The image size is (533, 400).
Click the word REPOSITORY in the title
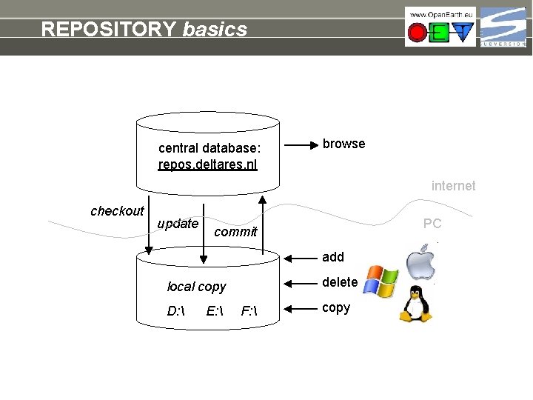point(109,29)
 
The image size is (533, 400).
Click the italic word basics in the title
point(215,29)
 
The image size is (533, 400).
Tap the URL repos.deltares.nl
point(208,164)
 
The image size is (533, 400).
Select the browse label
point(343,144)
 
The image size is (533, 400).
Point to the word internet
point(453,186)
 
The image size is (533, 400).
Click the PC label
point(432,223)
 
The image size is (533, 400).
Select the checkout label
point(117,211)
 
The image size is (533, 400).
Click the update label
point(178,224)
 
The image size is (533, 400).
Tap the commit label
point(235,232)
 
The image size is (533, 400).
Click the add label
point(333,257)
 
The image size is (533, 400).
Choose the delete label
point(340,282)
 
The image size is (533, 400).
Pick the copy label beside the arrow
point(336,307)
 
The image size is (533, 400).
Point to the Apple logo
point(422,263)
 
